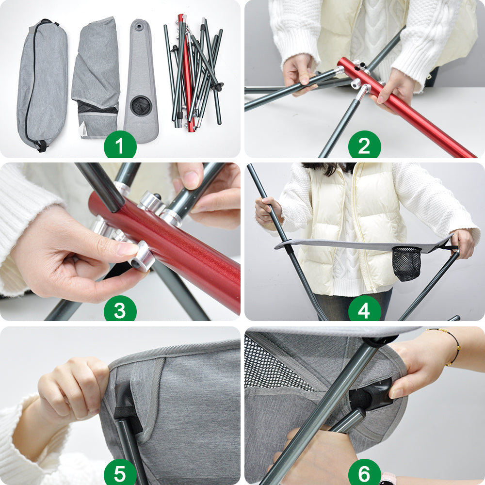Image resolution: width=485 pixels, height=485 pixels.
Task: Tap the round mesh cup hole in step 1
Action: tap(141, 105)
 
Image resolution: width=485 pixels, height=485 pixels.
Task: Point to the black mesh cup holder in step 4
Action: tap(406, 263)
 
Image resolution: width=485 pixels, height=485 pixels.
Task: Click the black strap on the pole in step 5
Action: tap(126, 416)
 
